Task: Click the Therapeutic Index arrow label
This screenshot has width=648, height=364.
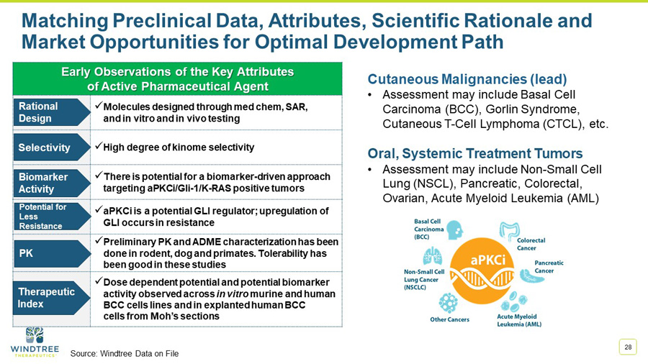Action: (47, 297)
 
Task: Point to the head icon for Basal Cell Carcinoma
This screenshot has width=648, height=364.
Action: (454, 230)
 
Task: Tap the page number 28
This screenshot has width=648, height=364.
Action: (628, 347)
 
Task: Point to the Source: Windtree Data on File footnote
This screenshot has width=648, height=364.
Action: (124, 353)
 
